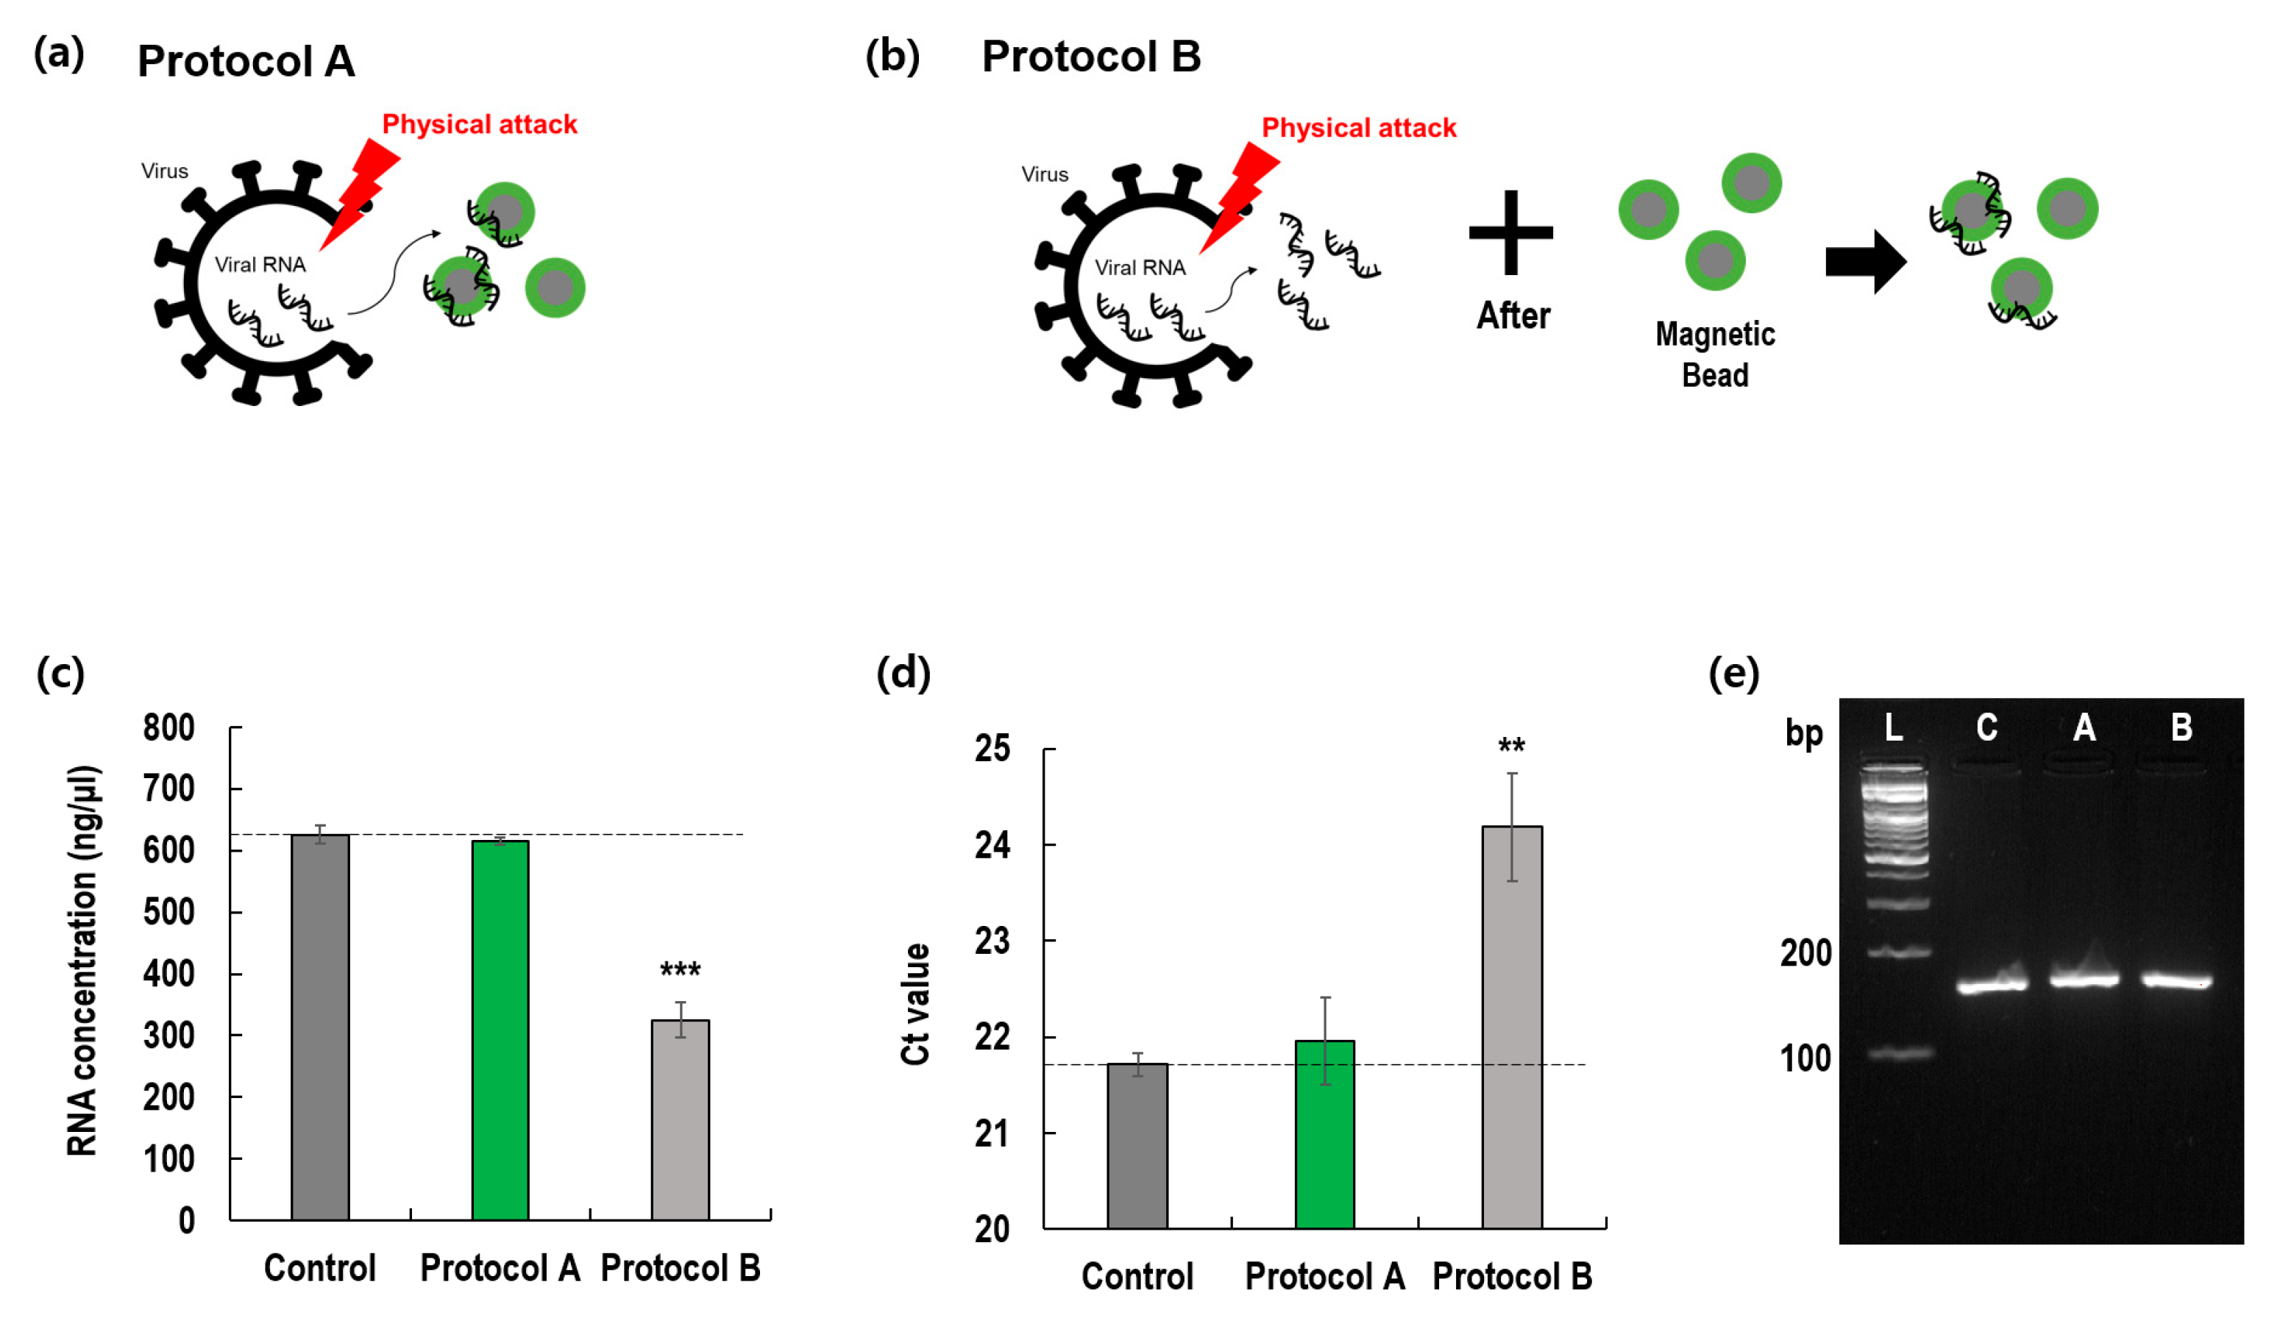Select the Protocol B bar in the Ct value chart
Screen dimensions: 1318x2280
pos(1511,1026)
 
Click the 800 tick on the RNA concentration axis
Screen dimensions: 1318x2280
pos(169,728)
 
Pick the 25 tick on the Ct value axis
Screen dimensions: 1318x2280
pos(992,749)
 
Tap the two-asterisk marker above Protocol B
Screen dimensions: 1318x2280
pos(1511,747)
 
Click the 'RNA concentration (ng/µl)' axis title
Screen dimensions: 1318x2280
pos(83,961)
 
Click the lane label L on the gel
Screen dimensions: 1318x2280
pos(1893,727)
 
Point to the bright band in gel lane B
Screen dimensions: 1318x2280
pos(2176,980)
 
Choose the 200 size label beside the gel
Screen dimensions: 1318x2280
pos(1805,953)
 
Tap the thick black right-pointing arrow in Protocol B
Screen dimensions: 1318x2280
pos(1865,261)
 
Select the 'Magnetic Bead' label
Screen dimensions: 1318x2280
pos(1714,354)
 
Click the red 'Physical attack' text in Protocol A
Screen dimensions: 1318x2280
pos(479,124)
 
